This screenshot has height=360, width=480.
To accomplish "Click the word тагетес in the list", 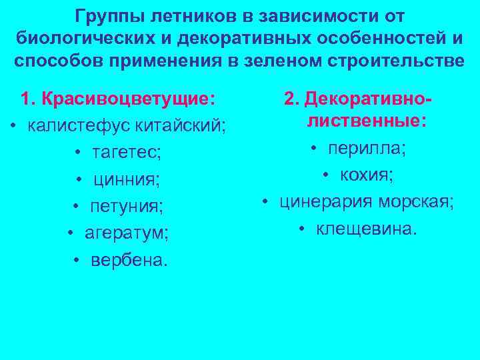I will point(126,153).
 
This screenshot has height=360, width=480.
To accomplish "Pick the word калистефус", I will point(70,126).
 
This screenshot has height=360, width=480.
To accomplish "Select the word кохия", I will point(367,175).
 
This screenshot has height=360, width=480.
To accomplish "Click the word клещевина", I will point(367,229).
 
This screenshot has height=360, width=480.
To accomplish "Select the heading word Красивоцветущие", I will point(127,99).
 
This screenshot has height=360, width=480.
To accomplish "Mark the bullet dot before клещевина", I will point(302,230).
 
